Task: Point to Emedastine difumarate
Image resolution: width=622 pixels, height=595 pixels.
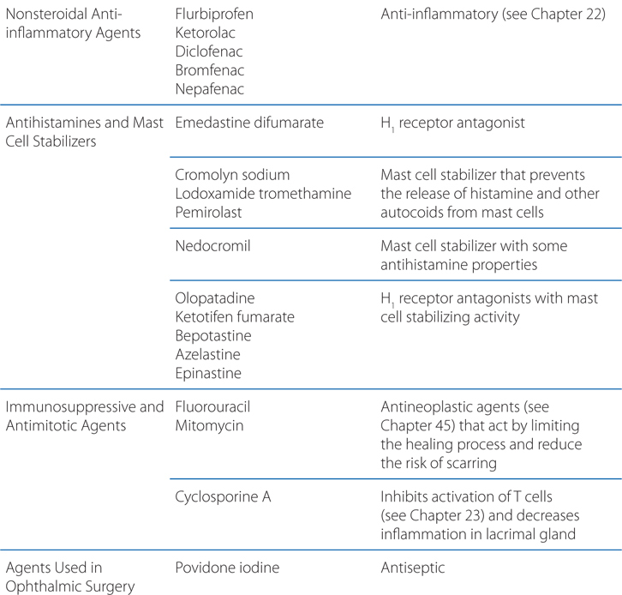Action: coord(248,123)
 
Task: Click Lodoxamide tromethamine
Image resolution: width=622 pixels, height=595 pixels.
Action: coord(262,193)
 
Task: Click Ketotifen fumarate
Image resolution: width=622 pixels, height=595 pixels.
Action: coord(234,316)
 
